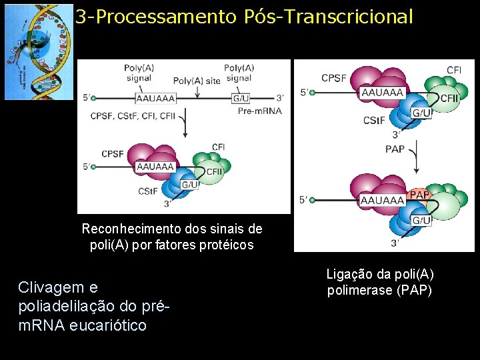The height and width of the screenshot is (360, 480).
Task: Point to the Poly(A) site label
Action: [x=197, y=81]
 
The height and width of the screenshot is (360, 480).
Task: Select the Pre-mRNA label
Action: [x=259, y=111]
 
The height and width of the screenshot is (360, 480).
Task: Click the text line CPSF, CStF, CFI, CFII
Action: [x=133, y=116]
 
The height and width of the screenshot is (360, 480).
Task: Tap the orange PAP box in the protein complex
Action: [x=419, y=194]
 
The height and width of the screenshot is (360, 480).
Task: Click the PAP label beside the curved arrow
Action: [x=395, y=149]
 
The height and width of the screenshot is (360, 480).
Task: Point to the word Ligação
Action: [x=348, y=274]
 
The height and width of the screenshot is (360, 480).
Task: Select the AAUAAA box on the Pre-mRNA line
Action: [x=155, y=99]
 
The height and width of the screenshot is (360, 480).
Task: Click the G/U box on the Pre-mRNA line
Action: [x=241, y=99]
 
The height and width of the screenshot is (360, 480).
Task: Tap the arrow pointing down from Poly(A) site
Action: [x=197, y=91]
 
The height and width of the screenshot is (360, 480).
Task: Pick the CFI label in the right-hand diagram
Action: [x=454, y=70]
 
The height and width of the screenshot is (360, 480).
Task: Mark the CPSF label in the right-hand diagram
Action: [x=334, y=78]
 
